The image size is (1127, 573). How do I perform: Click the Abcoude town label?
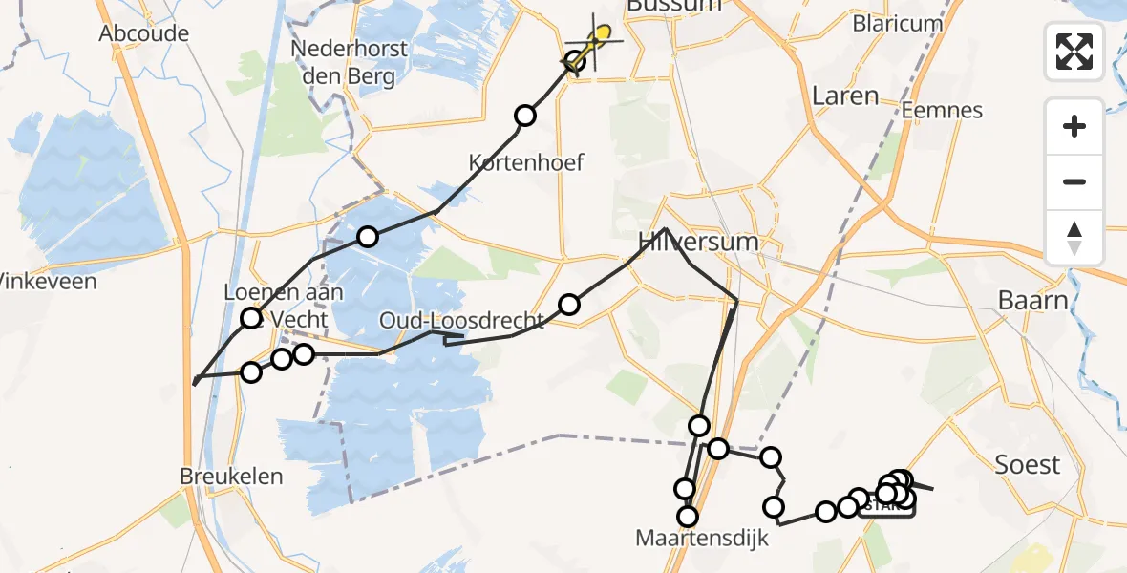coord(144,33)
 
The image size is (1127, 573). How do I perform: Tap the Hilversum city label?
coord(701,242)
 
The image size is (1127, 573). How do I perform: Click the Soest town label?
coord(1027,465)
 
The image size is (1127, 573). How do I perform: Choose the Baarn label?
coord(1032,300)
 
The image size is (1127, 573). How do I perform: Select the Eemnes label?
coord(943,110)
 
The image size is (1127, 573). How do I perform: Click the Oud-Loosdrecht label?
coord(461,320)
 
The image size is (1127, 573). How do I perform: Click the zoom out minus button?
coord(1074,181)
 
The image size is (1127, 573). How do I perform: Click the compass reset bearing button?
coord(1074,237)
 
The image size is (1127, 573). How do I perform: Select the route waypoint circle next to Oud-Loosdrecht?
coord(569,305)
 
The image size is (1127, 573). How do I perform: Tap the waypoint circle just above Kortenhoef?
coord(525,117)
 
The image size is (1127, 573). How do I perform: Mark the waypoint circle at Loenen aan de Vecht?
coord(251,318)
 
